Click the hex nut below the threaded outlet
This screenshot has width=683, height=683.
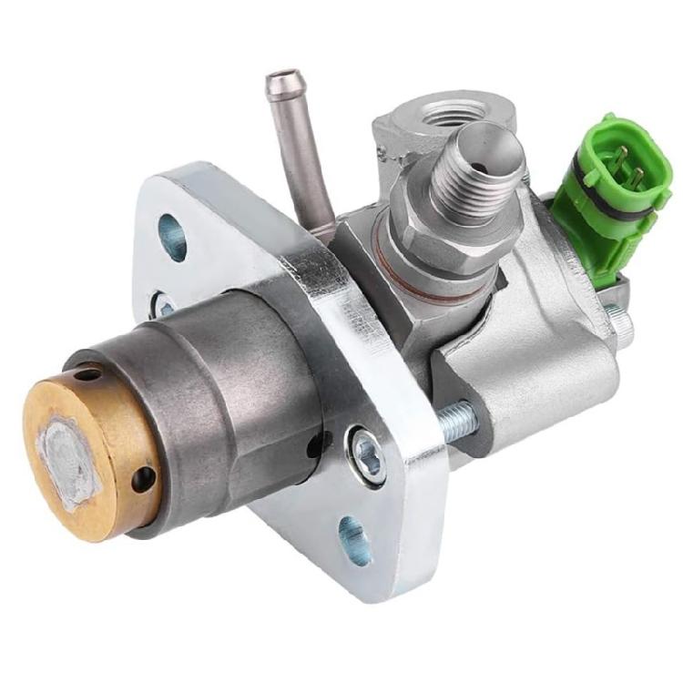pos(428,232)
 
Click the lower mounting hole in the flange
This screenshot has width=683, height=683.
pos(355,537)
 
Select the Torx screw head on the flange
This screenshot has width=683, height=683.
pos(366,445)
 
